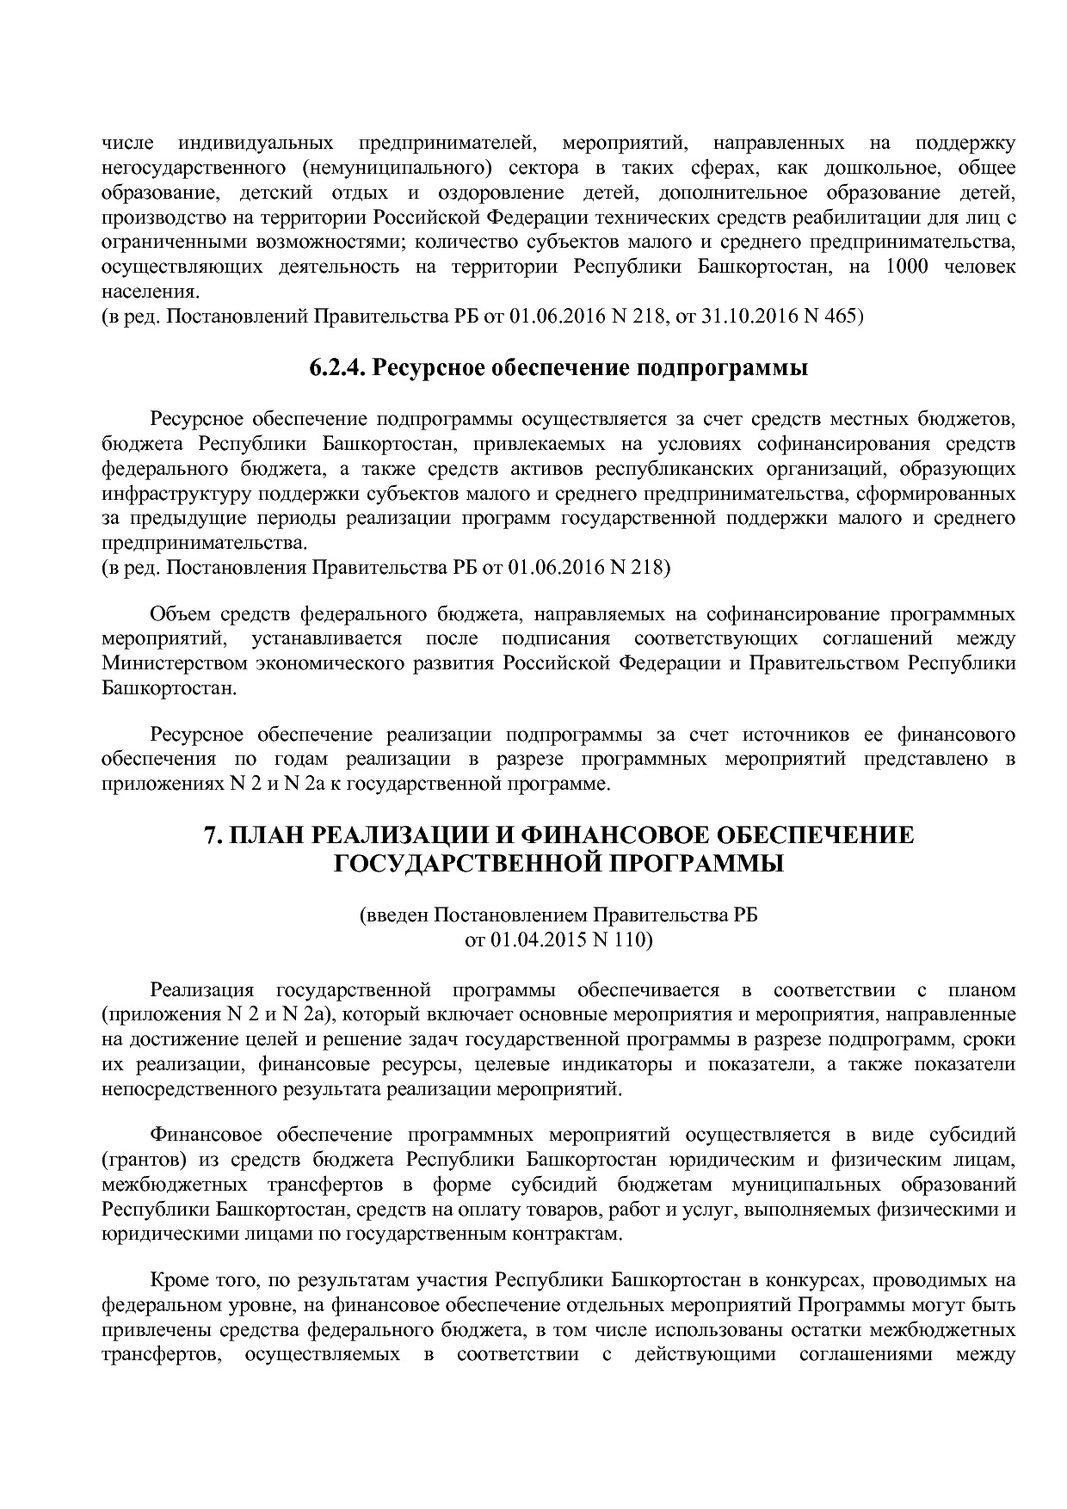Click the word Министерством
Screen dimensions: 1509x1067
(x=174, y=663)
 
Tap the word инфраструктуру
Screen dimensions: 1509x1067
(x=162, y=494)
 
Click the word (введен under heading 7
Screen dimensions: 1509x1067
(x=392, y=915)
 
